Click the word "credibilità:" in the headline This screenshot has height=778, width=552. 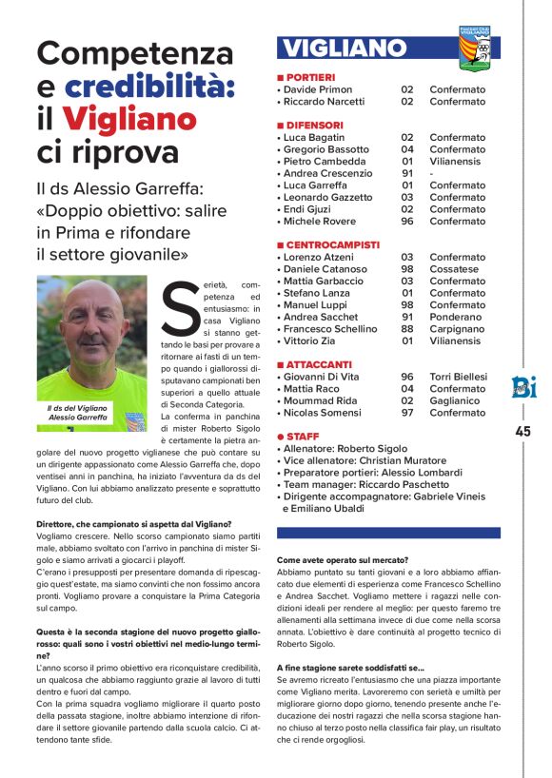pyautogui.click(x=149, y=87)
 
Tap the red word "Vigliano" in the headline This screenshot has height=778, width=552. pyautogui.click(x=130, y=119)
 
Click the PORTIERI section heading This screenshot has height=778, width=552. pyautogui.click(x=308, y=77)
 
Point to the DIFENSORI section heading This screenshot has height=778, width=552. pyautogui.click(x=313, y=126)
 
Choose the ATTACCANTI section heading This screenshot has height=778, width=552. pyautogui.click(x=317, y=364)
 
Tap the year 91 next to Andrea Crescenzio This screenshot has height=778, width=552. pyautogui.click(x=406, y=173)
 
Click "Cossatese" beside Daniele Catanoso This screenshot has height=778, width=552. pyautogui.click(x=456, y=269)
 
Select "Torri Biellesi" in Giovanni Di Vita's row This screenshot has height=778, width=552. pyautogui.click(x=458, y=377)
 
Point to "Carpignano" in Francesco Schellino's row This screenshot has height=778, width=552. pyautogui.click(x=458, y=329)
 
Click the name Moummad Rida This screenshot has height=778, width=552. pyautogui.click(x=321, y=400)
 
